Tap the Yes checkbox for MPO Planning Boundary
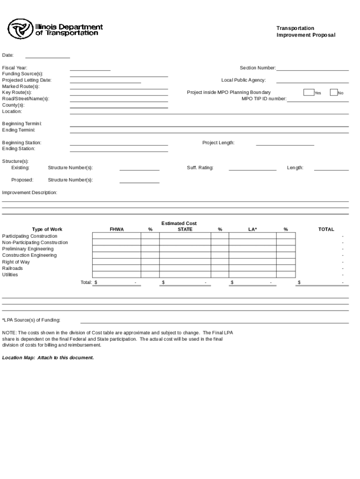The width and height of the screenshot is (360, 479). point(309,92)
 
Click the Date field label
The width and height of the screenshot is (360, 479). point(8,55)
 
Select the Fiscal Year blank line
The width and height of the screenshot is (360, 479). point(90,70)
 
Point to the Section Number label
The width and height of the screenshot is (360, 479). point(258,68)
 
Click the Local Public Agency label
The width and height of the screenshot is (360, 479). point(244,80)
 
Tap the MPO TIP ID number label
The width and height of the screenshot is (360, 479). point(264,99)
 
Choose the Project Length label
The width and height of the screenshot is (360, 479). point(218,143)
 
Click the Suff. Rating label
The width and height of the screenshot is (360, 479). point(200,167)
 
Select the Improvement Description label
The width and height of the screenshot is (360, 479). point(30,193)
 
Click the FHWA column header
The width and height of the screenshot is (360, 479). point(117,229)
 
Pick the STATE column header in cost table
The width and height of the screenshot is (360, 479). point(185,229)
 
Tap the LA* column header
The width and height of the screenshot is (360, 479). point(252,229)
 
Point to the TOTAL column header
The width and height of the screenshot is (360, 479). point(326,229)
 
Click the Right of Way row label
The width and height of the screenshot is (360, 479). point(16,262)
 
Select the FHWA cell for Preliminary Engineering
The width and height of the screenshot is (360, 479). point(116,249)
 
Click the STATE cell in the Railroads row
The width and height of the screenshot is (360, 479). point(185,268)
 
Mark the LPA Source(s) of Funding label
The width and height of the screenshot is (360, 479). point(31,320)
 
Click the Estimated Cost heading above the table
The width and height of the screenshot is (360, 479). point(179,224)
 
